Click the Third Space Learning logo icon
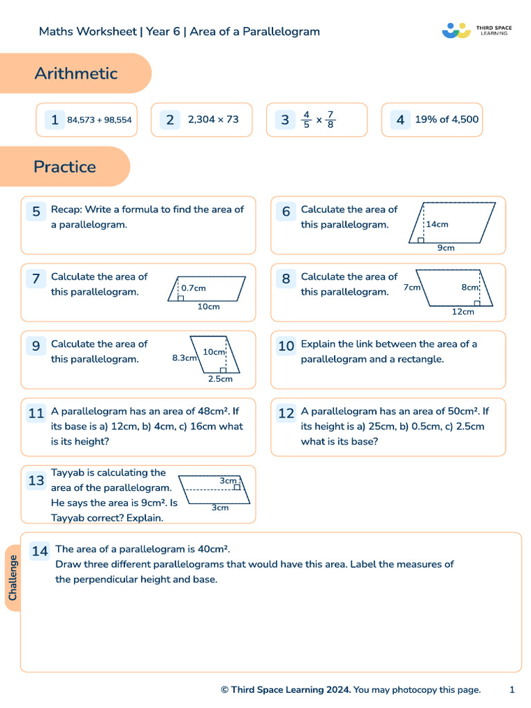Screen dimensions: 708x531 (456, 30)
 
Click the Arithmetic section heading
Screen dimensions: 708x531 (76, 73)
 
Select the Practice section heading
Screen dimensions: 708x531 (64, 167)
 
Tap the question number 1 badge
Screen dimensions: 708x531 (54, 120)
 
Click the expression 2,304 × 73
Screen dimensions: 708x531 (213, 120)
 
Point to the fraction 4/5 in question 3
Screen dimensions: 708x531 (306, 120)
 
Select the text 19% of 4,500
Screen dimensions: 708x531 (447, 120)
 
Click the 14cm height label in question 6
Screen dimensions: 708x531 (437, 224)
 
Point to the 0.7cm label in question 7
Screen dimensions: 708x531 (194, 288)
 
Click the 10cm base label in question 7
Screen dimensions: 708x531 (208, 306)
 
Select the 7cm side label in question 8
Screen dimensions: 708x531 (412, 287)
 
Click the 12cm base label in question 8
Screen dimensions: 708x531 (463, 312)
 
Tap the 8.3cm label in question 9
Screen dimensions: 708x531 (185, 358)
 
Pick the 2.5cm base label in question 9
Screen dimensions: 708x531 (221, 378)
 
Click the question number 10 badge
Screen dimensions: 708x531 (286, 346)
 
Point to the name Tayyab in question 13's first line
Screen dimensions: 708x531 (67, 473)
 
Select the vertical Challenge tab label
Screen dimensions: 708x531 (13, 578)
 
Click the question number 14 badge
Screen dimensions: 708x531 (39, 551)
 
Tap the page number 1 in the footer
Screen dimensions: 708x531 (512, 689)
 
